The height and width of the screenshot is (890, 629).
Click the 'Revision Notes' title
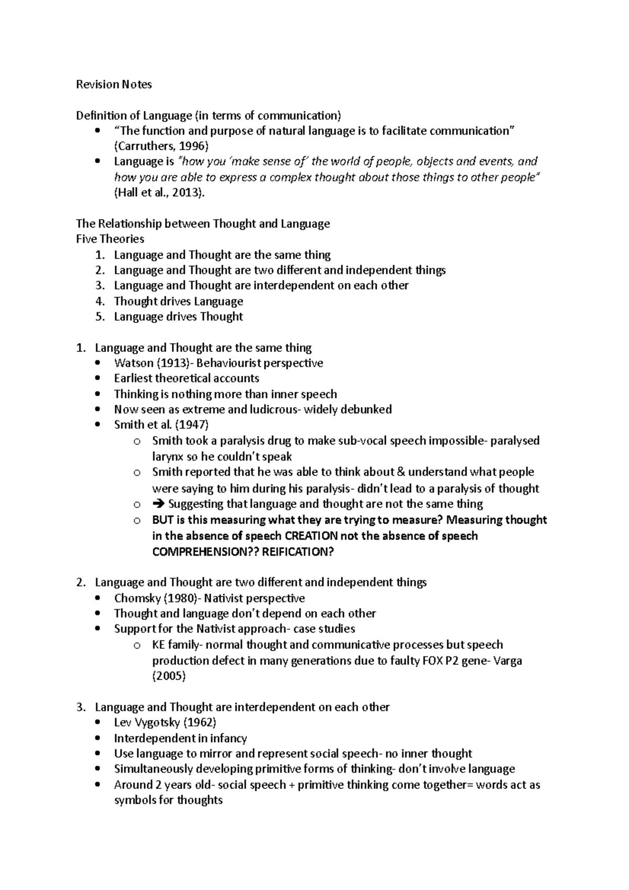(114, 84)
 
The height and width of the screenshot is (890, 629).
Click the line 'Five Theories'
(110, 239)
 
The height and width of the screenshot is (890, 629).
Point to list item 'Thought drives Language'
(178, 301)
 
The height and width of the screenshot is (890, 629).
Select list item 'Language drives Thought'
(178, 317)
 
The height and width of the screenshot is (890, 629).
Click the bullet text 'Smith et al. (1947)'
(161, 425)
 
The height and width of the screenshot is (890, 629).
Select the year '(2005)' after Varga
(169, 676)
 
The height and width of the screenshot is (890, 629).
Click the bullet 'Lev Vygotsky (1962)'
(165, 723)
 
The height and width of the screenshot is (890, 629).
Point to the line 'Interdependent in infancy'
(180, 739)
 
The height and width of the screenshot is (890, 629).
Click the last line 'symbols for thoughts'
(168, 800)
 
